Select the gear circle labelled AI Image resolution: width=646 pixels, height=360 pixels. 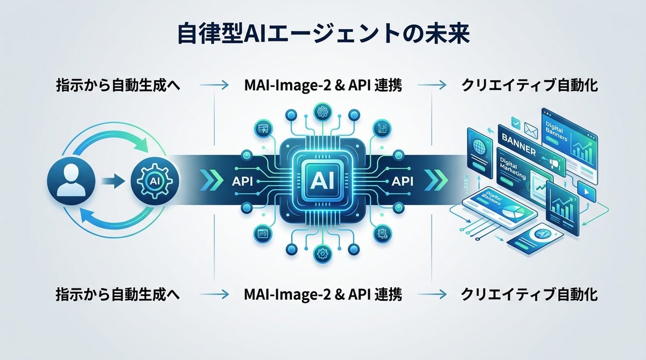(x=152, y=180)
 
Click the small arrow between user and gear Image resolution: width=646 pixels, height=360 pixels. (x=112, y=180)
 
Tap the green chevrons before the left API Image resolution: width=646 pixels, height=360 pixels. (x=207, y=180)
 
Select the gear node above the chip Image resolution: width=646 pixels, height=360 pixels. (x=323, y=112)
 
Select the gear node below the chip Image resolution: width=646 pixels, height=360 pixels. (x=323, y=252)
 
